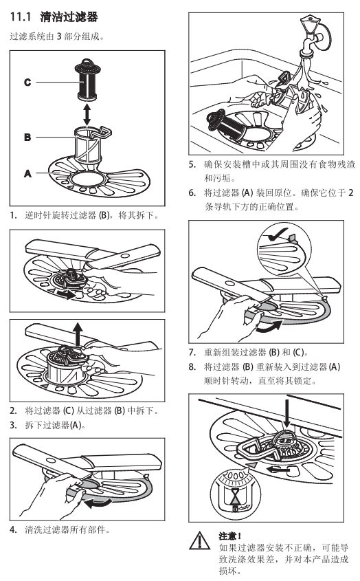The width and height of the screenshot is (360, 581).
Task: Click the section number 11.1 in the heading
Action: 21,17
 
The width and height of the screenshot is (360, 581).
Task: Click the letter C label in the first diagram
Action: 27,82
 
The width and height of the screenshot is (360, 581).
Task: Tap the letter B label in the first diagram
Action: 27,137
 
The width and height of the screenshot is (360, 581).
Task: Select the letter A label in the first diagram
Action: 27,173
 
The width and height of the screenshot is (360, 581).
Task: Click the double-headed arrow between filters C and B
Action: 87,115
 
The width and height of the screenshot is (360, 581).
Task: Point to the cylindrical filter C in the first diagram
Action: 87,79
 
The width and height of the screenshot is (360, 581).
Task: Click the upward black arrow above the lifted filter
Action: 78,333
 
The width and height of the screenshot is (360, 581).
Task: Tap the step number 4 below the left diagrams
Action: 13,529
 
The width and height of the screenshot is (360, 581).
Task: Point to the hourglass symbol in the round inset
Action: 234,496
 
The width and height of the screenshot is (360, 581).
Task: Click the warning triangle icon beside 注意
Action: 200,540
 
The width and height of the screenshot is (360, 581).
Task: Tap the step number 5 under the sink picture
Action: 192,164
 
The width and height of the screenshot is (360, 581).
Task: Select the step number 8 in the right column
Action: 192,367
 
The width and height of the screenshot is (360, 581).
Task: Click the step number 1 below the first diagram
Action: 13,215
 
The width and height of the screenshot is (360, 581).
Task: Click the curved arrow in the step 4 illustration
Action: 97,503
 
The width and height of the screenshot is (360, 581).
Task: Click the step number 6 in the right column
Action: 192,193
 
